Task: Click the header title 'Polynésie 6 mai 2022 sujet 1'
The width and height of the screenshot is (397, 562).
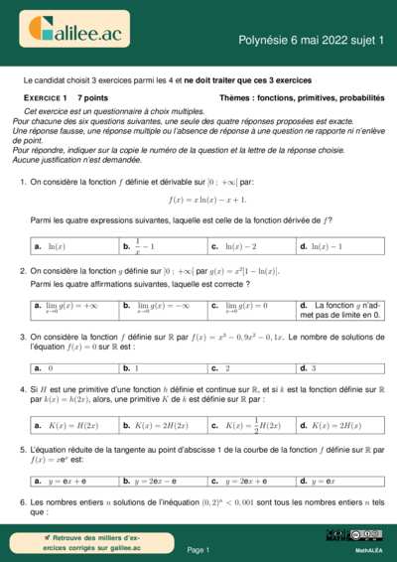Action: coord(310,39)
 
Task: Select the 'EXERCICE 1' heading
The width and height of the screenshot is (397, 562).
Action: coord(46,99)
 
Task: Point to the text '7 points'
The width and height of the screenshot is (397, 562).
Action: coord(93,99)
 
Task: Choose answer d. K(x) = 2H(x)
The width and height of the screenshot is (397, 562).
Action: coord(332,426)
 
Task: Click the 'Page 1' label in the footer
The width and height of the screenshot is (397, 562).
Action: coord(198,549)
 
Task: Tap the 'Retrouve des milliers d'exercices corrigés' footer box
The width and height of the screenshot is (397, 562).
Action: coord(78,543)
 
